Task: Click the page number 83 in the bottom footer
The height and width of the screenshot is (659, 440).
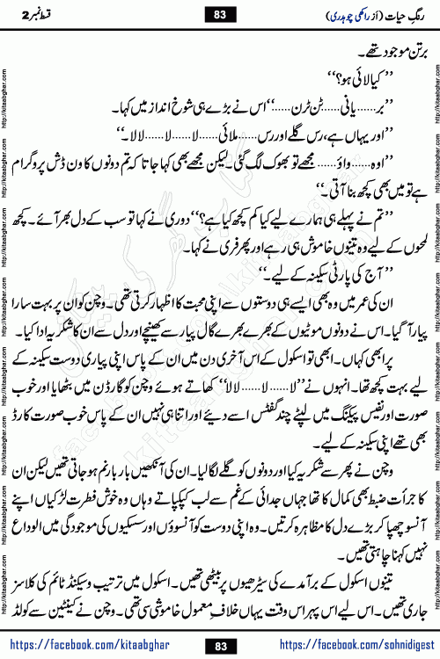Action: click(x=220, y=622)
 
